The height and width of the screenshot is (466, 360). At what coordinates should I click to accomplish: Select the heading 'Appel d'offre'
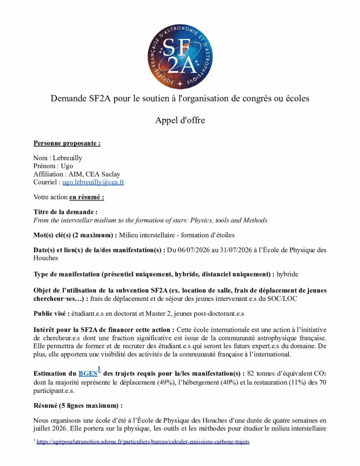[180, 120]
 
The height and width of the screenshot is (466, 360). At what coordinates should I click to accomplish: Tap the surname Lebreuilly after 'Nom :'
[67, 158]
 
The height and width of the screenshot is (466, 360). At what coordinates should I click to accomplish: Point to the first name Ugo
[67, 166]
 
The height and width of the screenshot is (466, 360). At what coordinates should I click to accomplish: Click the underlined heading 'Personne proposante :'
[67, 143]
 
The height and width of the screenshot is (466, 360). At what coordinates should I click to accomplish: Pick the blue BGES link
[87, 373]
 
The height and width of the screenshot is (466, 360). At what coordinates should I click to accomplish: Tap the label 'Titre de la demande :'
[66, 212]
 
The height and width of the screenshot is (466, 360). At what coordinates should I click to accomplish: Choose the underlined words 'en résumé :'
[87, 197]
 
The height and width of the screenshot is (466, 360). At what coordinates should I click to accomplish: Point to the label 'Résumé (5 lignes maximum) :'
[78, 405]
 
